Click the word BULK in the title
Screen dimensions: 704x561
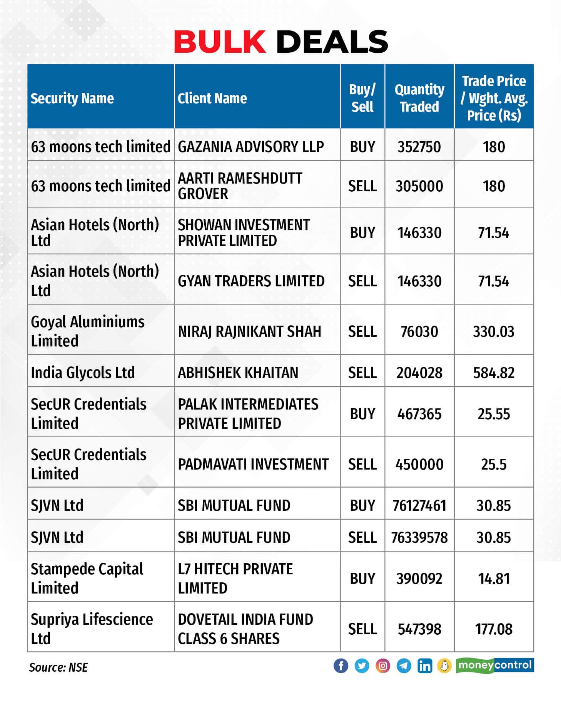click(220, 42)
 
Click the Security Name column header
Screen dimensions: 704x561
click(72, 98)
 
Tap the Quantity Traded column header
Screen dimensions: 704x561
click(419, 98)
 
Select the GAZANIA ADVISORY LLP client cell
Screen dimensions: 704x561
click(251, 147)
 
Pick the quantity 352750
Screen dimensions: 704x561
click(419, 147)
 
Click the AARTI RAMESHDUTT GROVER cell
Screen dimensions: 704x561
click(240, 186)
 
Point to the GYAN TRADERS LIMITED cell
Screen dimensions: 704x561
click(251, 281)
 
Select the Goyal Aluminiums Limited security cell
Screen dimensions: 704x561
click(88, 331)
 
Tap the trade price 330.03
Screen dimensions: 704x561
click(494, 331)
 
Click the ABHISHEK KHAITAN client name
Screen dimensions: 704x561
click(238, 373)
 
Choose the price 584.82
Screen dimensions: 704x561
click(494, 373)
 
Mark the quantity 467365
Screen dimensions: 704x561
click(419, 414)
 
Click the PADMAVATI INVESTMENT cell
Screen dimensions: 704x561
click(253, 464)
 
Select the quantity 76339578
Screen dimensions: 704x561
click(419, 537)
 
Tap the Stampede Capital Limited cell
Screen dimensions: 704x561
click(87, 578)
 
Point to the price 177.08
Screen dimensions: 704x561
click(494, 629)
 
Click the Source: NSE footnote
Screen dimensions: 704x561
click(58, 667)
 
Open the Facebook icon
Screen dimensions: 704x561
click(341, 666)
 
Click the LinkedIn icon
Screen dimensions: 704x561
click(424, 666)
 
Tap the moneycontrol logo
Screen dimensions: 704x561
click(495, 666)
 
